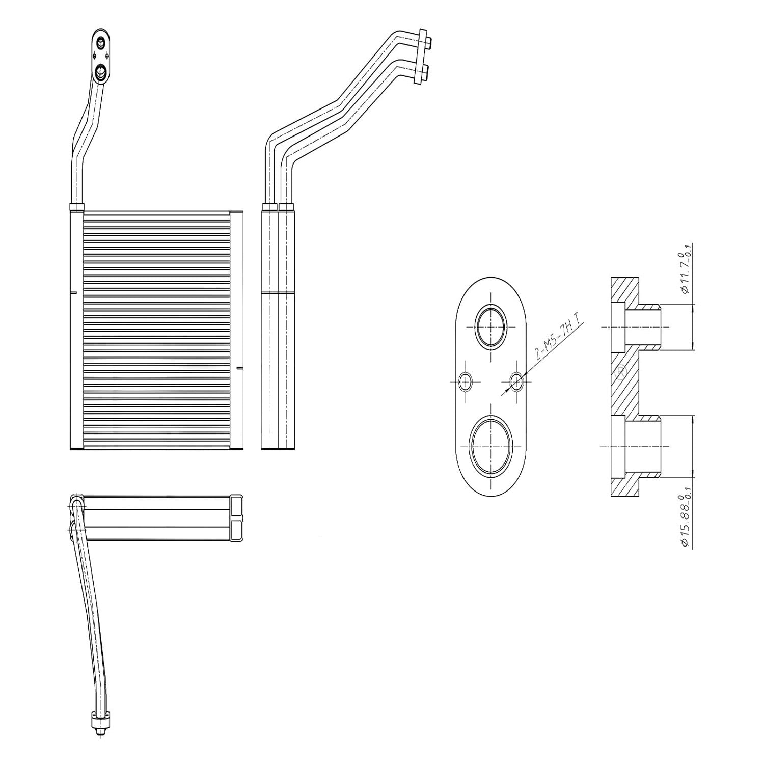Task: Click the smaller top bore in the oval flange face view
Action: [x=490, y=327]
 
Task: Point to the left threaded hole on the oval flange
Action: [x=466, y=381]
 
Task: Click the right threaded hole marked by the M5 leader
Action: [x=517, y=381]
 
